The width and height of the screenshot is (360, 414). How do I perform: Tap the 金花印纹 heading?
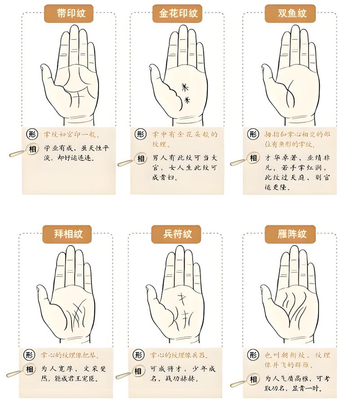[x=179, y=14]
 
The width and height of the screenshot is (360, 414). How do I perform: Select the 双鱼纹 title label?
[x=292, y=14]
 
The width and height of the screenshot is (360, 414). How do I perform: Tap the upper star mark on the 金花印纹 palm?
[x=184, y=87]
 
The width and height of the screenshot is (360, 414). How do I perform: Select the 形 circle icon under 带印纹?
[x=31, y=134]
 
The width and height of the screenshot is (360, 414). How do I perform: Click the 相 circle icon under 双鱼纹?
[x=253, y=158]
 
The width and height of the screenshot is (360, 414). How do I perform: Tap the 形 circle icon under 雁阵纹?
[x=254, y=355]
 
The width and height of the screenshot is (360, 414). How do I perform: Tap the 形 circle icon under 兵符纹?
[x=139, y=355]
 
